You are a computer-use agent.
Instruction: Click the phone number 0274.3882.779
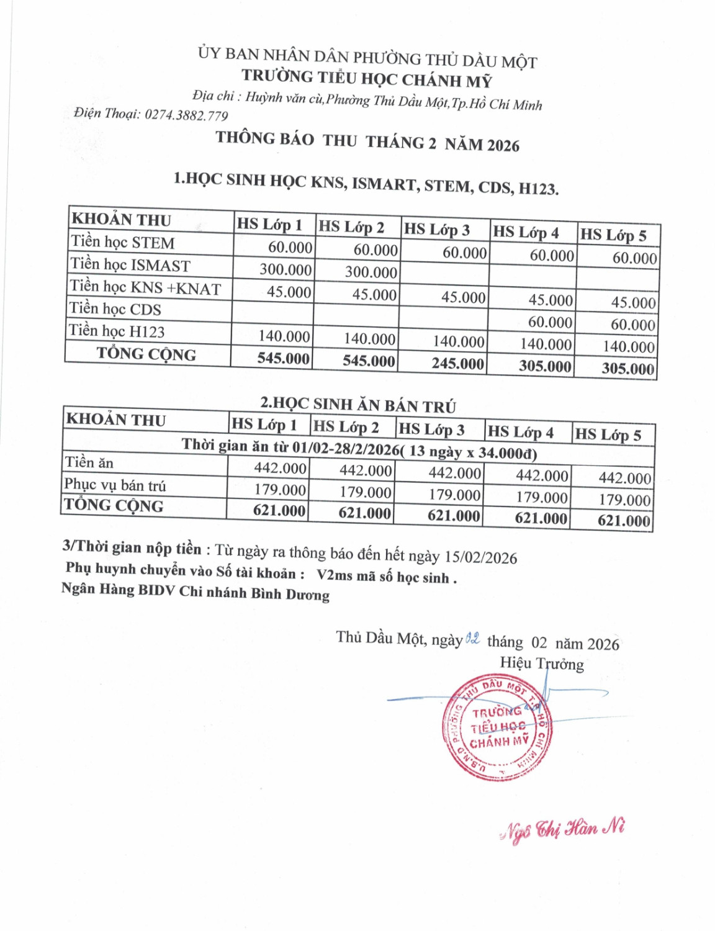click(x=186, y=115)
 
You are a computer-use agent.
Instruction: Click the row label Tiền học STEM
click(x=123, y=242)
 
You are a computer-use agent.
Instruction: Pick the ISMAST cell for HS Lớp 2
click(x=371, y=272)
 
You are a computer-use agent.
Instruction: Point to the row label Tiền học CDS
click(x=115, y=309)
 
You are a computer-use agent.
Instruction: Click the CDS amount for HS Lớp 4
click(x=550, y=322)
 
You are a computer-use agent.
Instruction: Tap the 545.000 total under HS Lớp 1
click(x=283, y=358)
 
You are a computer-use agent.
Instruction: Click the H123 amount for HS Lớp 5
click(x=629, y=346)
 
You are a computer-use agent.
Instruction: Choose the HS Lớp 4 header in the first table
click(x=526, y=233)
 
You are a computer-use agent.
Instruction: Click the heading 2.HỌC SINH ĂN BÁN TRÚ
click(x=358, y=405)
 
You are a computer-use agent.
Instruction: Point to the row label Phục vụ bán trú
click(x=115, y=485)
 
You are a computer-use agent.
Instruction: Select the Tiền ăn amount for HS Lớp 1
click(x=280, y=468)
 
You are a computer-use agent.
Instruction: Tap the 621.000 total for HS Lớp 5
click(x=624, y=520)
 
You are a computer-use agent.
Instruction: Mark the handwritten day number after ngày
click(x=472, y=638)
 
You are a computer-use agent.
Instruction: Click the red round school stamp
click(x=497, y=727)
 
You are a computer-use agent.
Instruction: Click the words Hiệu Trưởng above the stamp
click(x=542, y=663)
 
